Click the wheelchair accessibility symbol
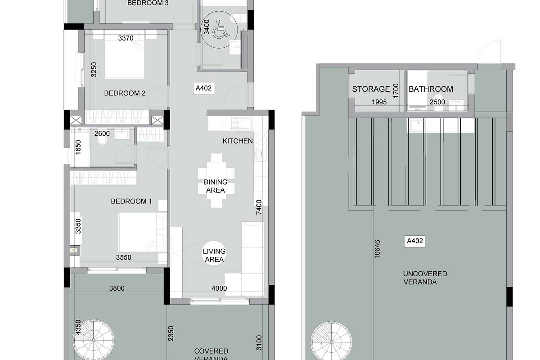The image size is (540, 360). (x=220, y=29)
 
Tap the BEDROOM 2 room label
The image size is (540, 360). (x=125, y=93)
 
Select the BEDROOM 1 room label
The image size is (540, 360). (x=131, y=201)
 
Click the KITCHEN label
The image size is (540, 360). (x=238, y=141)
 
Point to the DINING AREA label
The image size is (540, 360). (x=215, y=186)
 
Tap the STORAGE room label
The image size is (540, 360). (x=371, y=89)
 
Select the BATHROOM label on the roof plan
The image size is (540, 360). (x=431, y=89)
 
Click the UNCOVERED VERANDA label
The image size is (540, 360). (x=425, y=278)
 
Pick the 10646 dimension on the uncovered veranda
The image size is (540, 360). (x=377, y=249)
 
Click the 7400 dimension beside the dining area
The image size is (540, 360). (x=259, y=207)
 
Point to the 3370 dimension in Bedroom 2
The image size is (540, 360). (x=126, y=38)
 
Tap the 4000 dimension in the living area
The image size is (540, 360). (x=219, y=288)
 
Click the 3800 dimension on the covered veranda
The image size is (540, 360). (x=117, y=288)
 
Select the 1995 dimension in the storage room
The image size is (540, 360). (x=379, y=102)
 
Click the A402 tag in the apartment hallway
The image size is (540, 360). (x=203, y=88)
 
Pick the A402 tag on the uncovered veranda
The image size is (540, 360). (x=414, y=241)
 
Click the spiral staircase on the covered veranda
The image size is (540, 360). (x=94, y=340)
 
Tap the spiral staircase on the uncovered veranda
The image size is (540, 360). (x=331, y=342)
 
